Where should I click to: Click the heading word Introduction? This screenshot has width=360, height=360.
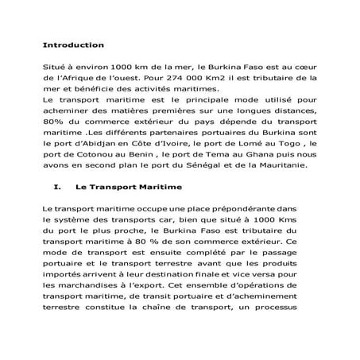point(73,45)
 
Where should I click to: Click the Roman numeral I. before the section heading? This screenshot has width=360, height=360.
point(55,188)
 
